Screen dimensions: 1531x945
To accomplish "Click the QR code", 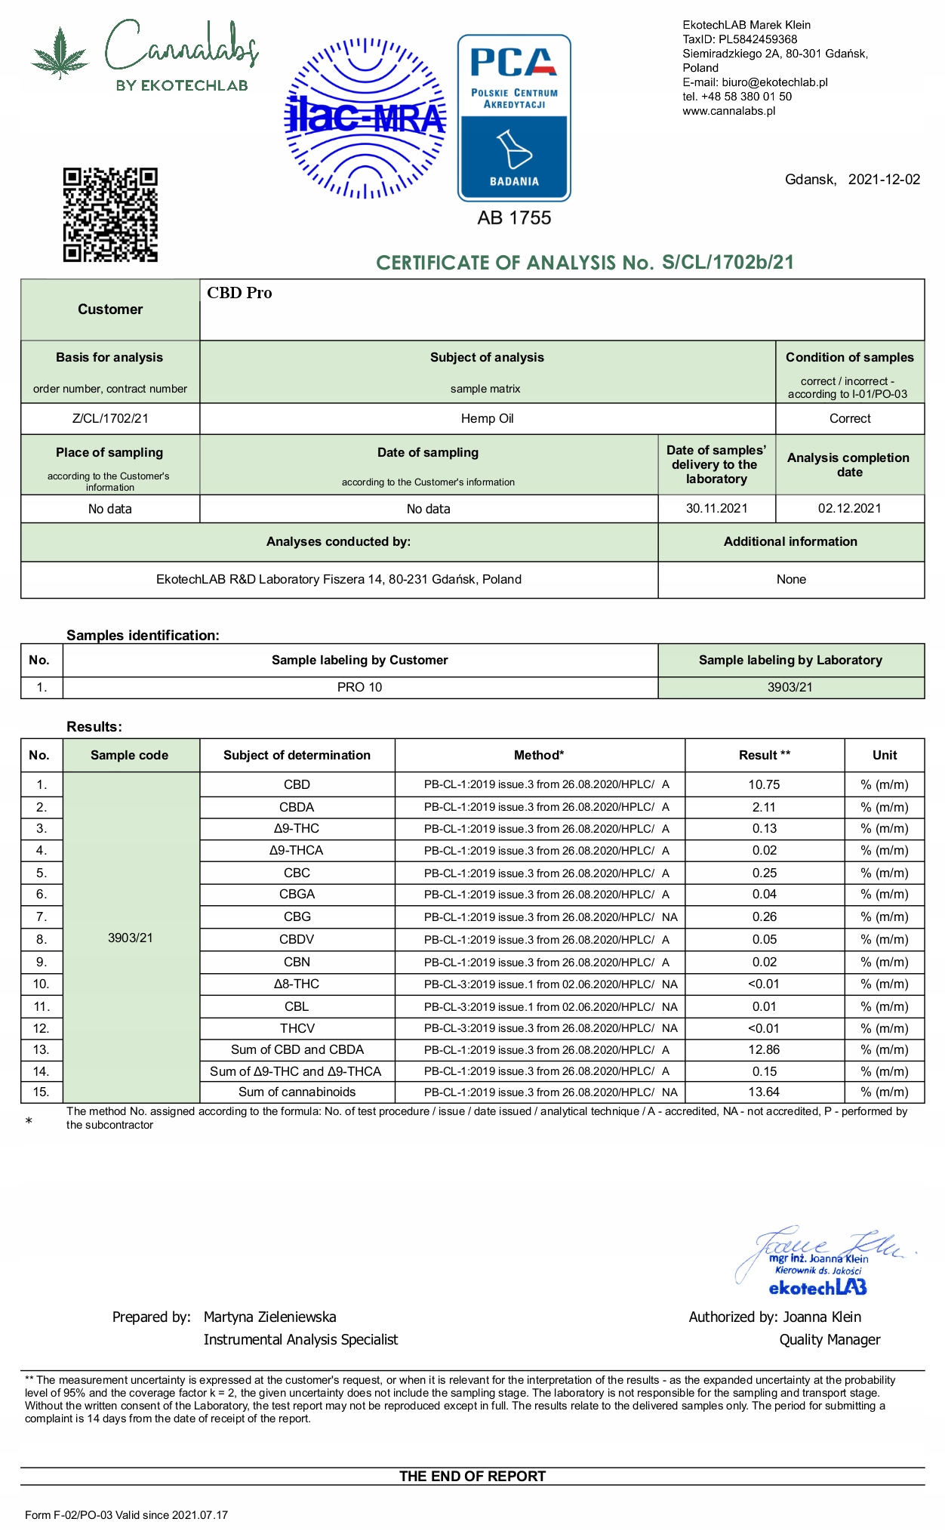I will (x=110, y=215).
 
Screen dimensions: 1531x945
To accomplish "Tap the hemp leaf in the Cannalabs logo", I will (x=60, y=53).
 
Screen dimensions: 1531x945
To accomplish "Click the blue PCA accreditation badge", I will (x=514, y=118).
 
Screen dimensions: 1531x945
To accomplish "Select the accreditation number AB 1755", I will (x=514, y=218).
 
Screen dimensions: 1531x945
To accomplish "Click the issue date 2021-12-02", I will (x=884, y=180).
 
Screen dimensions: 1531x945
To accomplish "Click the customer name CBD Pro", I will (x=239, y=293).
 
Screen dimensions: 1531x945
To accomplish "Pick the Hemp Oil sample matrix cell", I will (x=487, y=419).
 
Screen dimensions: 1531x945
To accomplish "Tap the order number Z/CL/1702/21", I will (x=110, y=419).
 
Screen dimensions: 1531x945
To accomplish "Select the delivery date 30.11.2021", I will (x=716, y=509).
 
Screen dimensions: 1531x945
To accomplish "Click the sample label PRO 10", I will (x=359, y=688).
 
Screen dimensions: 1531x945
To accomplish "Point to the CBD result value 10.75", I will (x=764, y=785).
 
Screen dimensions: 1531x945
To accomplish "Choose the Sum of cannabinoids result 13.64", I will (x=764, y=1092).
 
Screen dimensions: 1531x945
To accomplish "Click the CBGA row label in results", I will (x=297, y=895).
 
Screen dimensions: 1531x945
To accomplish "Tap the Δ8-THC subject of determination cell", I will (x=297, y=984).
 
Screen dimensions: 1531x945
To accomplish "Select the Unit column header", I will (x=885, y=756).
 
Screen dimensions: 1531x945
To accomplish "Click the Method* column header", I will (x=539, y=756).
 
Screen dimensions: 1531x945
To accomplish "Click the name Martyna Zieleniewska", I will (x=269, y=1317).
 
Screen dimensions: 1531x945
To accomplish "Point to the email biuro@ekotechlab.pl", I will (x=774, y=82).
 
